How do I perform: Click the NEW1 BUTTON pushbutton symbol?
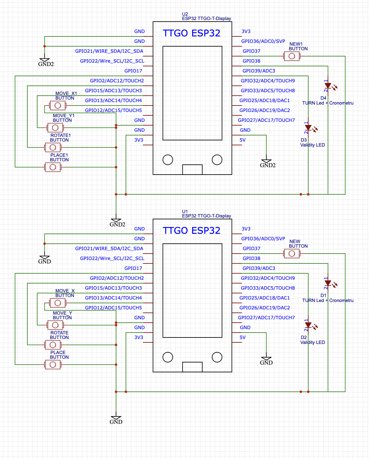(292, 56)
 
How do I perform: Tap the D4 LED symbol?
(328, 86)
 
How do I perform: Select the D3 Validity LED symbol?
(308, 128)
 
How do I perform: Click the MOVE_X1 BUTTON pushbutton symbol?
(58, 105)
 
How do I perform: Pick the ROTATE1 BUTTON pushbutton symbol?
(53, 147)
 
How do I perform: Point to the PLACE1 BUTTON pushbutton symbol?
(53, 167)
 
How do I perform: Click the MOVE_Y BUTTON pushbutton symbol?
(55, 325)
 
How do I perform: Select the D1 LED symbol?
(328, 283)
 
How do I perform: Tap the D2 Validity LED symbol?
(308, 325)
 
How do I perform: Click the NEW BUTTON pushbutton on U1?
(292, 254)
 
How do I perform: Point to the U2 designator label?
(185, 14)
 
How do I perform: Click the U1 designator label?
(185, 212)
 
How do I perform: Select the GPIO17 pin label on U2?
(133, 71)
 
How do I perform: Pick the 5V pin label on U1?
(243, 337)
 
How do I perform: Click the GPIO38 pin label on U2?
(251, 61)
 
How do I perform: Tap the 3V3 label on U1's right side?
(246, 229)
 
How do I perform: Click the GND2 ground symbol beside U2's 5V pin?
(267, 162)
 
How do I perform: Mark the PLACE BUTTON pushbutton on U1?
(53, 365)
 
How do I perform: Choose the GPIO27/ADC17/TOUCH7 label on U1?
(266, 318)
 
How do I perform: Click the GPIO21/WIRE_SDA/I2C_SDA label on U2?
(109, 51)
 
